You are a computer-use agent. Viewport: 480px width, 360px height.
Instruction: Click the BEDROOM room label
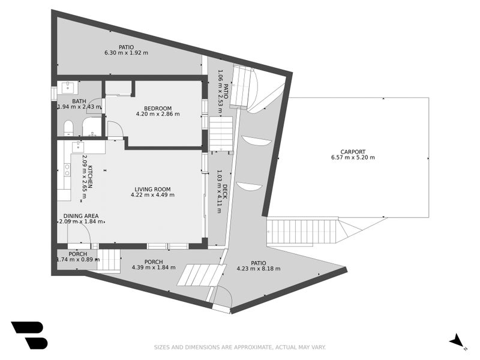pyautogui.click(x=158, y=109)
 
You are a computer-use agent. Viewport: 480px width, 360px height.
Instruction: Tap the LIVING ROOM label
pyautogui.click(x=152, y=189)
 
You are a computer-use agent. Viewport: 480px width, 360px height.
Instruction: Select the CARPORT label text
pyautogui.click(x=353, y=152)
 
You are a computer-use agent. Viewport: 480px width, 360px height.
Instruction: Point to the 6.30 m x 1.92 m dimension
pyautogui.click(x=126, y=53)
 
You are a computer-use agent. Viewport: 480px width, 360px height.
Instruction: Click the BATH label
pyautogui.click(x=79, y=101)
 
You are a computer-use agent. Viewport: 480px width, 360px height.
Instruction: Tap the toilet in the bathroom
pyautogui.click(x=68, y=128)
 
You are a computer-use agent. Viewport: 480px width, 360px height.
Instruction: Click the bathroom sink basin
pyautogui.click(x=67, y=87)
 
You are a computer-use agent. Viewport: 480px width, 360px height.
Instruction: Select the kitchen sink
pyautogui.click(x=79, y=146)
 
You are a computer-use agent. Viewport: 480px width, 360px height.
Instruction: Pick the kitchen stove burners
pyautogui.click(x=67, y=170)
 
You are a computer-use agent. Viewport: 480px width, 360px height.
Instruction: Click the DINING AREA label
pyautogui.click(x=81, y=216)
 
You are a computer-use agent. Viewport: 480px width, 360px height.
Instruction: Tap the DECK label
pyautogui.click(x=225, y=191)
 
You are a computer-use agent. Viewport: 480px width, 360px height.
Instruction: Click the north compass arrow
pyautogui.click(x=457, y=340)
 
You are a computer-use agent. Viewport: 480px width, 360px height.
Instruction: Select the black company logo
pyautogui.click(x=29, y=335)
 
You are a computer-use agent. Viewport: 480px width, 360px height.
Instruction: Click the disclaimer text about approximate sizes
pyautogui.click(x=239, y=347)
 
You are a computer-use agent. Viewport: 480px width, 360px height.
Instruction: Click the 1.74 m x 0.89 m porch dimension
pyautogui.click(x=78, y=260)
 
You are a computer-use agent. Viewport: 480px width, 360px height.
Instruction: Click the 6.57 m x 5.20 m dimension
pyautogui.click(x=353, y=158)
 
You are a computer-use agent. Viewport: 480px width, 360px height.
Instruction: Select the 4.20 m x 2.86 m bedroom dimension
pyautogui.click(x=158, y=114)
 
